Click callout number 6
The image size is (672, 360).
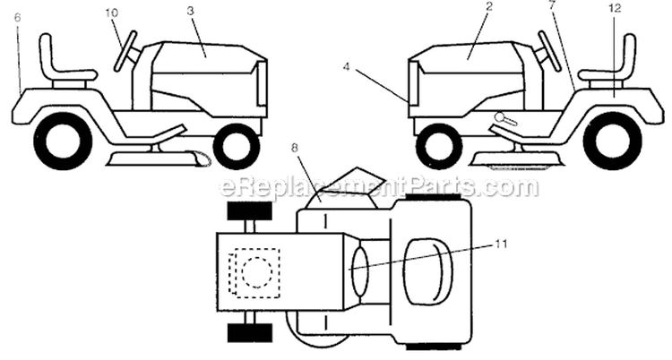click(17, 18)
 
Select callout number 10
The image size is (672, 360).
click(111, 13)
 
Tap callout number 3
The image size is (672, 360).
click(190, 11)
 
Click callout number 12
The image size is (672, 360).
click(615, 8)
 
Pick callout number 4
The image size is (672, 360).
click(346, 67)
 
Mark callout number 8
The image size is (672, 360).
click(295, 149)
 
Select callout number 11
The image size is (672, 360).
click(501, 244)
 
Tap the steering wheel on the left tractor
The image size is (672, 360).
click(125, 50)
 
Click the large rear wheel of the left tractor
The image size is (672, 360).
click(63, 140)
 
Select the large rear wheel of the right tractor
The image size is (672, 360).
click(613, 140)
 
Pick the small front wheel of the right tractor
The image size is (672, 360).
click(438, 145)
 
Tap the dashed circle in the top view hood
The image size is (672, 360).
click(257, 272)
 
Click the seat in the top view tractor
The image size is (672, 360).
click(428, 272)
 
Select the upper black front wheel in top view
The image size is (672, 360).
click(249, 211)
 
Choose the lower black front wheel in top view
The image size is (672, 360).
click(249, 332)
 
